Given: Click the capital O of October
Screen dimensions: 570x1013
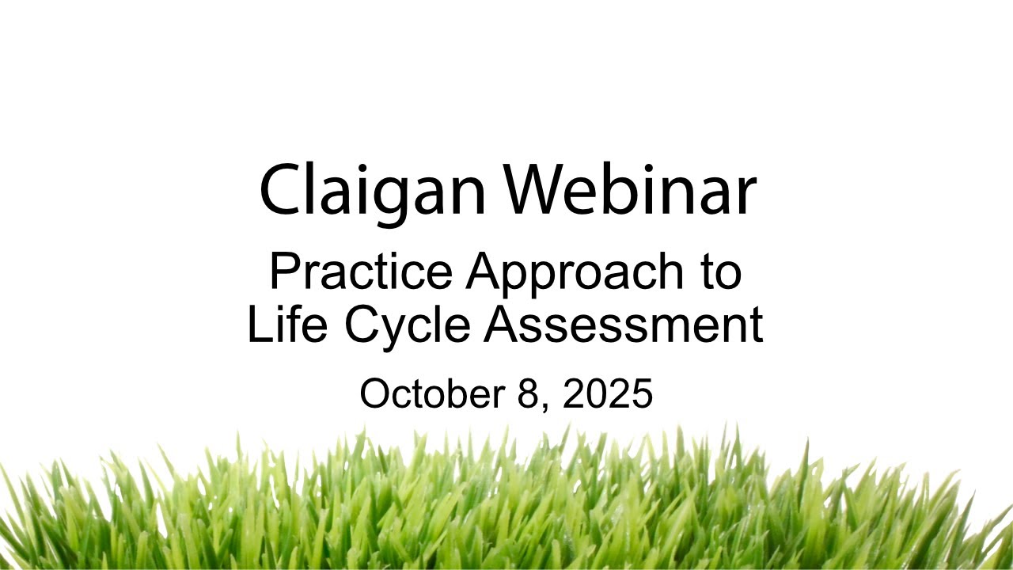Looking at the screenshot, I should click(x=376, y=393).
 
